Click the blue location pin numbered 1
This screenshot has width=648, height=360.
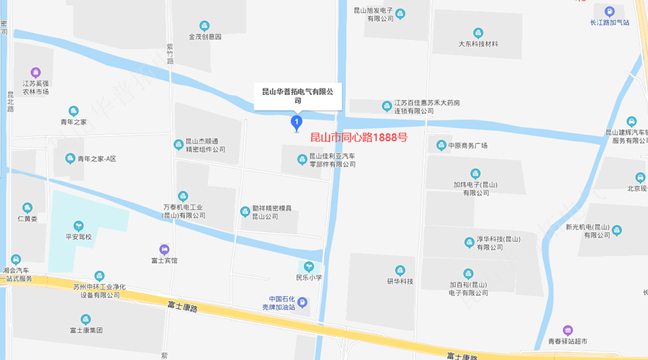(x=295, y=124)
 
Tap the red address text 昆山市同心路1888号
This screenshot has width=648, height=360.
(x=358, y=137)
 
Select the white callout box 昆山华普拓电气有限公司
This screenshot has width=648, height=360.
(x=297, y=96)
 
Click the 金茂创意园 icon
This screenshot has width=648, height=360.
(x=205, y=26)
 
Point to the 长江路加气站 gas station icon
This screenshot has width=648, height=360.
(x=609, y=11)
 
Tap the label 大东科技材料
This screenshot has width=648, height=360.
(x=478, y=44)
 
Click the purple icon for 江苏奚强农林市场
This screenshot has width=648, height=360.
(x=35, y=72)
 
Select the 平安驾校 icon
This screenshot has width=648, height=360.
(x=79, y=226)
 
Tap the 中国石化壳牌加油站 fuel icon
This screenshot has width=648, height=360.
(x=302, y=302)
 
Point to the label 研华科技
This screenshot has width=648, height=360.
(x=400, y=281)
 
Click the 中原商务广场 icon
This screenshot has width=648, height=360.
(x=441, y=145)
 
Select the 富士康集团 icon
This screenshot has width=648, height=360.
(x=86, y=319)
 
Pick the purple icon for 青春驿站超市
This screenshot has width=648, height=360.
(x=568, y=330)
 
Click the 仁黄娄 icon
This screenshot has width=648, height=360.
(x=27, y=207)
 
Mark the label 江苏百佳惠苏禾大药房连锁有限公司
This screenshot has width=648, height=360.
(x=426, y=107)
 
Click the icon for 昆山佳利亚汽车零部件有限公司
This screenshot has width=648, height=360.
(x=302, y=159)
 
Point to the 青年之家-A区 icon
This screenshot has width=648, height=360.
(x=70, y=158)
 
